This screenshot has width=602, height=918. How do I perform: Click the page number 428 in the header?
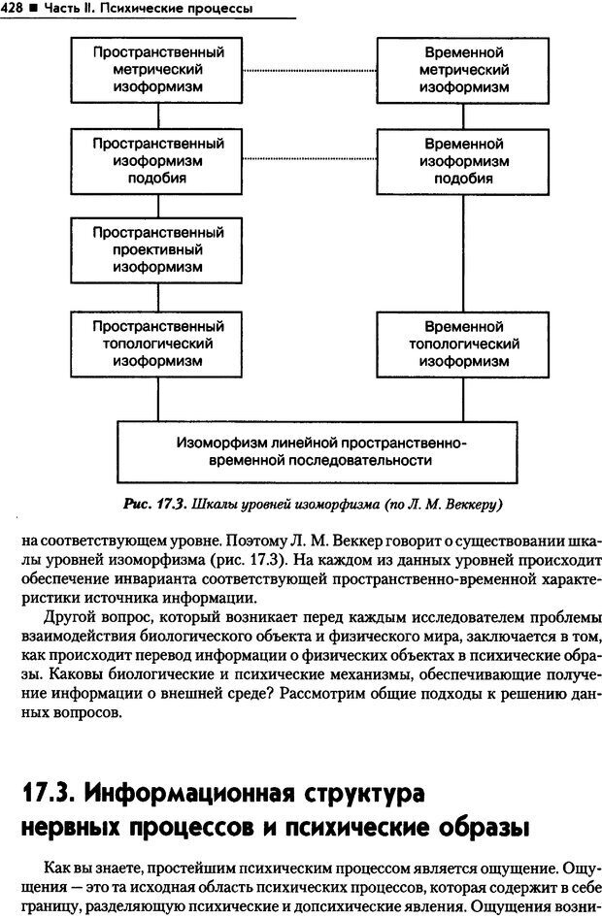coord(14,9)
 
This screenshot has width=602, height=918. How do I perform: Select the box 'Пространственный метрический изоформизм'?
coord(157,69)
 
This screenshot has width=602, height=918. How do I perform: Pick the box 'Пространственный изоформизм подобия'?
coord(157,160)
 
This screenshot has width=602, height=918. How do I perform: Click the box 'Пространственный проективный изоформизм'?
coord(157,249)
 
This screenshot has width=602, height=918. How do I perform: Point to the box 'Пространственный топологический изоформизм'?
coord(157,343)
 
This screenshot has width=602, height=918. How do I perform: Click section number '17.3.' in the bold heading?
coord(47,793)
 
